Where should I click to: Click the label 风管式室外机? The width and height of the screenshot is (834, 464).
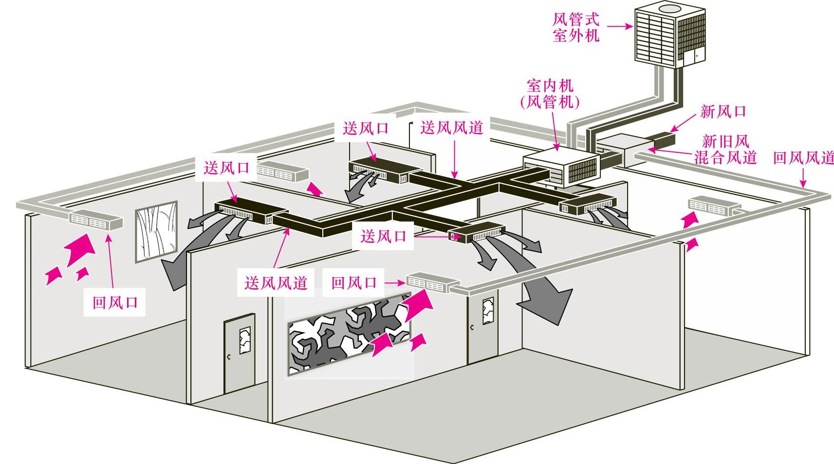[576, 28]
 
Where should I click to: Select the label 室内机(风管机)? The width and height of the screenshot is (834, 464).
[550, 94]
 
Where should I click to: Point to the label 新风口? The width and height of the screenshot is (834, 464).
[723, 111]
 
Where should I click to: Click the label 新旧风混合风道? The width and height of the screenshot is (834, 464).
[725, 149]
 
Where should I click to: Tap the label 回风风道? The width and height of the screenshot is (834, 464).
[803, 158]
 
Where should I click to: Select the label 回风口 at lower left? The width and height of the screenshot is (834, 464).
[115, 303]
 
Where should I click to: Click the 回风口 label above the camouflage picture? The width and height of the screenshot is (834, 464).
[354, 282]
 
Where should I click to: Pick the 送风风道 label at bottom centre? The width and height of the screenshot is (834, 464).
[276, 282]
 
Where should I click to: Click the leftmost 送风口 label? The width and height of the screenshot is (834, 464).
[226, 168]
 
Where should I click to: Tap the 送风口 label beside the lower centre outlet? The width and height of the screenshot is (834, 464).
[383, 237]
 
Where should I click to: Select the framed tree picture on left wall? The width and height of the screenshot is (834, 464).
[156, 231]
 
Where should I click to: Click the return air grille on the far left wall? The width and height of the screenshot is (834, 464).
[95, 221]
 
